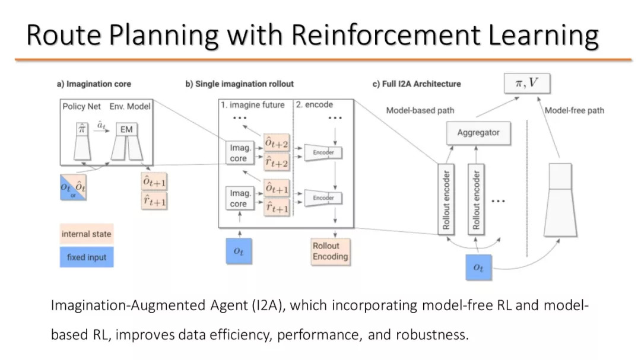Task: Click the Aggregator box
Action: click(x=478, y=133)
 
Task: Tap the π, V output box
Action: click(x=527, y=84)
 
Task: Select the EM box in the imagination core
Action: click(x=126, y=129)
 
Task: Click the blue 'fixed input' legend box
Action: click(x=87, y=257)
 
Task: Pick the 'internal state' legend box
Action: click(x=86, y=234)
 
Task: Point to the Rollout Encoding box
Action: click(x=331, y=251)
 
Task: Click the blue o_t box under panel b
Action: click(x=239, y=251)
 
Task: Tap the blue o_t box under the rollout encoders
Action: click(x=478, y=267)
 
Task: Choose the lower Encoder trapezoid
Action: click(x=323, y=197)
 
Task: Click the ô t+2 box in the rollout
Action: click(x=277, y=143)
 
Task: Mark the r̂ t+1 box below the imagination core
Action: click(x=154, y=201)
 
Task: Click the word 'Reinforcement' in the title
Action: click(x=386, y=35)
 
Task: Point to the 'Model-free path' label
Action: click(x=574, y=110)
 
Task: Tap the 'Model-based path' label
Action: click(x=420, y=110)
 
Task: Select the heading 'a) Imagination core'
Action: click(x=94, y=84)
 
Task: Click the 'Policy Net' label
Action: click(x=81, y=106)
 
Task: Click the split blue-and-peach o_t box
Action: click(x=73, y=187)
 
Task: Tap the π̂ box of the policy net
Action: click(x=82, y=129)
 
